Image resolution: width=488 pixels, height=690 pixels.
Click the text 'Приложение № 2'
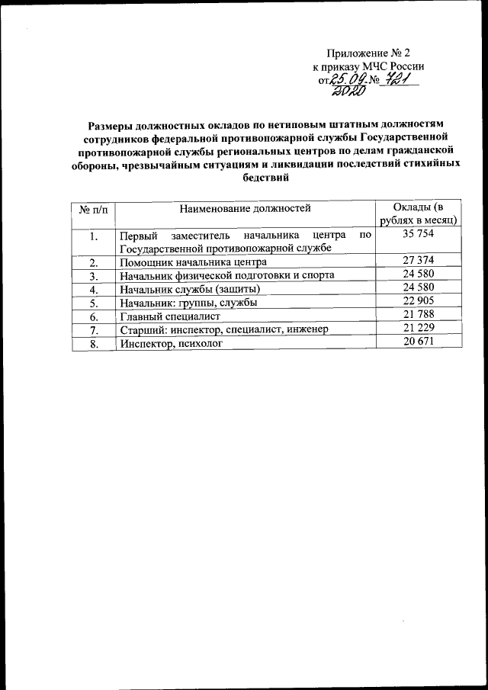point(368,53)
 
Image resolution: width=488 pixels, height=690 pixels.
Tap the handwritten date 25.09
point(341,79)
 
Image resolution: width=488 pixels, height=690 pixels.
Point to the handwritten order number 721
point(400,78)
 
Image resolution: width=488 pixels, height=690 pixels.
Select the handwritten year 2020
point(347,92)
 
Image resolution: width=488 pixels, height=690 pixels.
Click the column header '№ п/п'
point(90,208)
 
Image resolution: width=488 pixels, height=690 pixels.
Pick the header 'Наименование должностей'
point(245,207)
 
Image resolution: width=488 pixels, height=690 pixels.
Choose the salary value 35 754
point(419,236)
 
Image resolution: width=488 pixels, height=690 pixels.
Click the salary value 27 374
point(419,262)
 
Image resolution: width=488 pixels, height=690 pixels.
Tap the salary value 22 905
point(419,301)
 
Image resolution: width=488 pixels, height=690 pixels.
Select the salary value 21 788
point(419,315)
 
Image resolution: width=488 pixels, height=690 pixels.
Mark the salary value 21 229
point(419,329)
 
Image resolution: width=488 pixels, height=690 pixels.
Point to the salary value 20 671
point(419,342)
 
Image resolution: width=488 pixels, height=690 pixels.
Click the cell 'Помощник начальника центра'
point(192,262)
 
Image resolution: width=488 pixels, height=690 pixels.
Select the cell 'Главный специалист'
point(169,316)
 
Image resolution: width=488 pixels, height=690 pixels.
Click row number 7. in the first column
point(94,329)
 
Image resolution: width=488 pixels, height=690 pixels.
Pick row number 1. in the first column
point(94,236)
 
